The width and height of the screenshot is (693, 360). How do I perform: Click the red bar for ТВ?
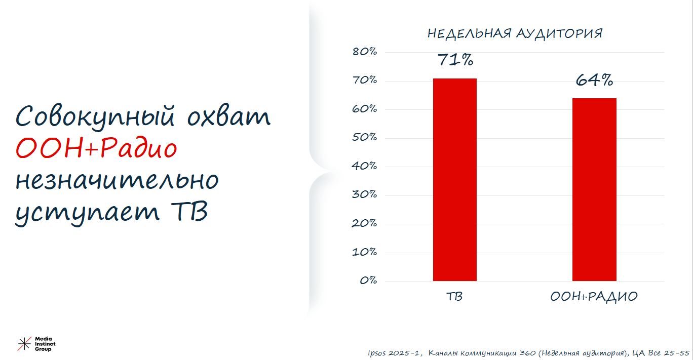pos(455,180)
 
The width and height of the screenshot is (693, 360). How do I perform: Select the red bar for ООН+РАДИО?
pos(594,189)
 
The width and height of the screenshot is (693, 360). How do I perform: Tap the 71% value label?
pos(455,60)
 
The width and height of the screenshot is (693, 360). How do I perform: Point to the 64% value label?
pos(594,80)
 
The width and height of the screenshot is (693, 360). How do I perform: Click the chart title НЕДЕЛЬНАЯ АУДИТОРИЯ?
pos(515,33)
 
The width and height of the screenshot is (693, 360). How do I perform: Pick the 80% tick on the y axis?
pos(365,52)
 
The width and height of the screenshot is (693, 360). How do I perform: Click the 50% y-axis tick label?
pos(365,137)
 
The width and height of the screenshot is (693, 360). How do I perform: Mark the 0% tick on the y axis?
pos(368,281)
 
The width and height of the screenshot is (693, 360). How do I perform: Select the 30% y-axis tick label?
pos(365,194)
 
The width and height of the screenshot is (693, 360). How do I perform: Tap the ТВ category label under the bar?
pos(454,297)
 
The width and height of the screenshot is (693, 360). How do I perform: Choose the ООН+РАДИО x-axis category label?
pos(594,297)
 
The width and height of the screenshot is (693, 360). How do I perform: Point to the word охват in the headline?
pos(229,116)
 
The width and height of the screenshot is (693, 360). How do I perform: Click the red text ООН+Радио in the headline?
pos(96,148)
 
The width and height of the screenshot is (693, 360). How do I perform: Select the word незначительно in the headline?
pos(117,180)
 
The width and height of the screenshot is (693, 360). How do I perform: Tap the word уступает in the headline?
pos(87,213)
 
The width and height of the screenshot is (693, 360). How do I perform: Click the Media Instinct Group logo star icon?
pos(24,344)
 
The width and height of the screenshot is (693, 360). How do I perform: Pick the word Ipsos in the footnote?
pos(376,353)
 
